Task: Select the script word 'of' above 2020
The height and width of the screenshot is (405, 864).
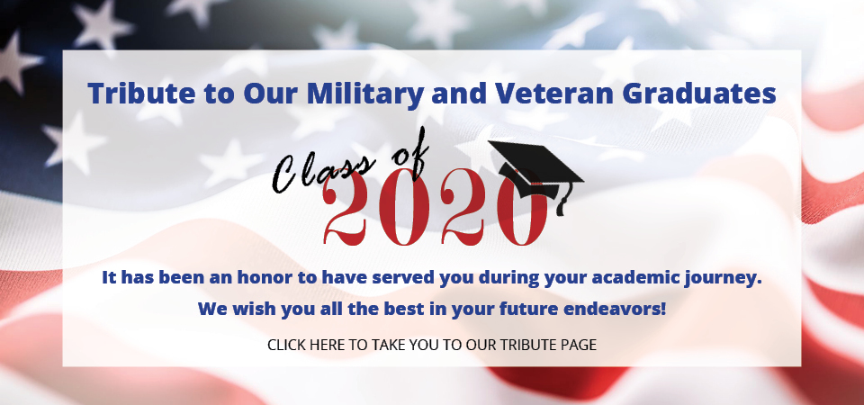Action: pyautogui.click(x=408, y=155)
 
